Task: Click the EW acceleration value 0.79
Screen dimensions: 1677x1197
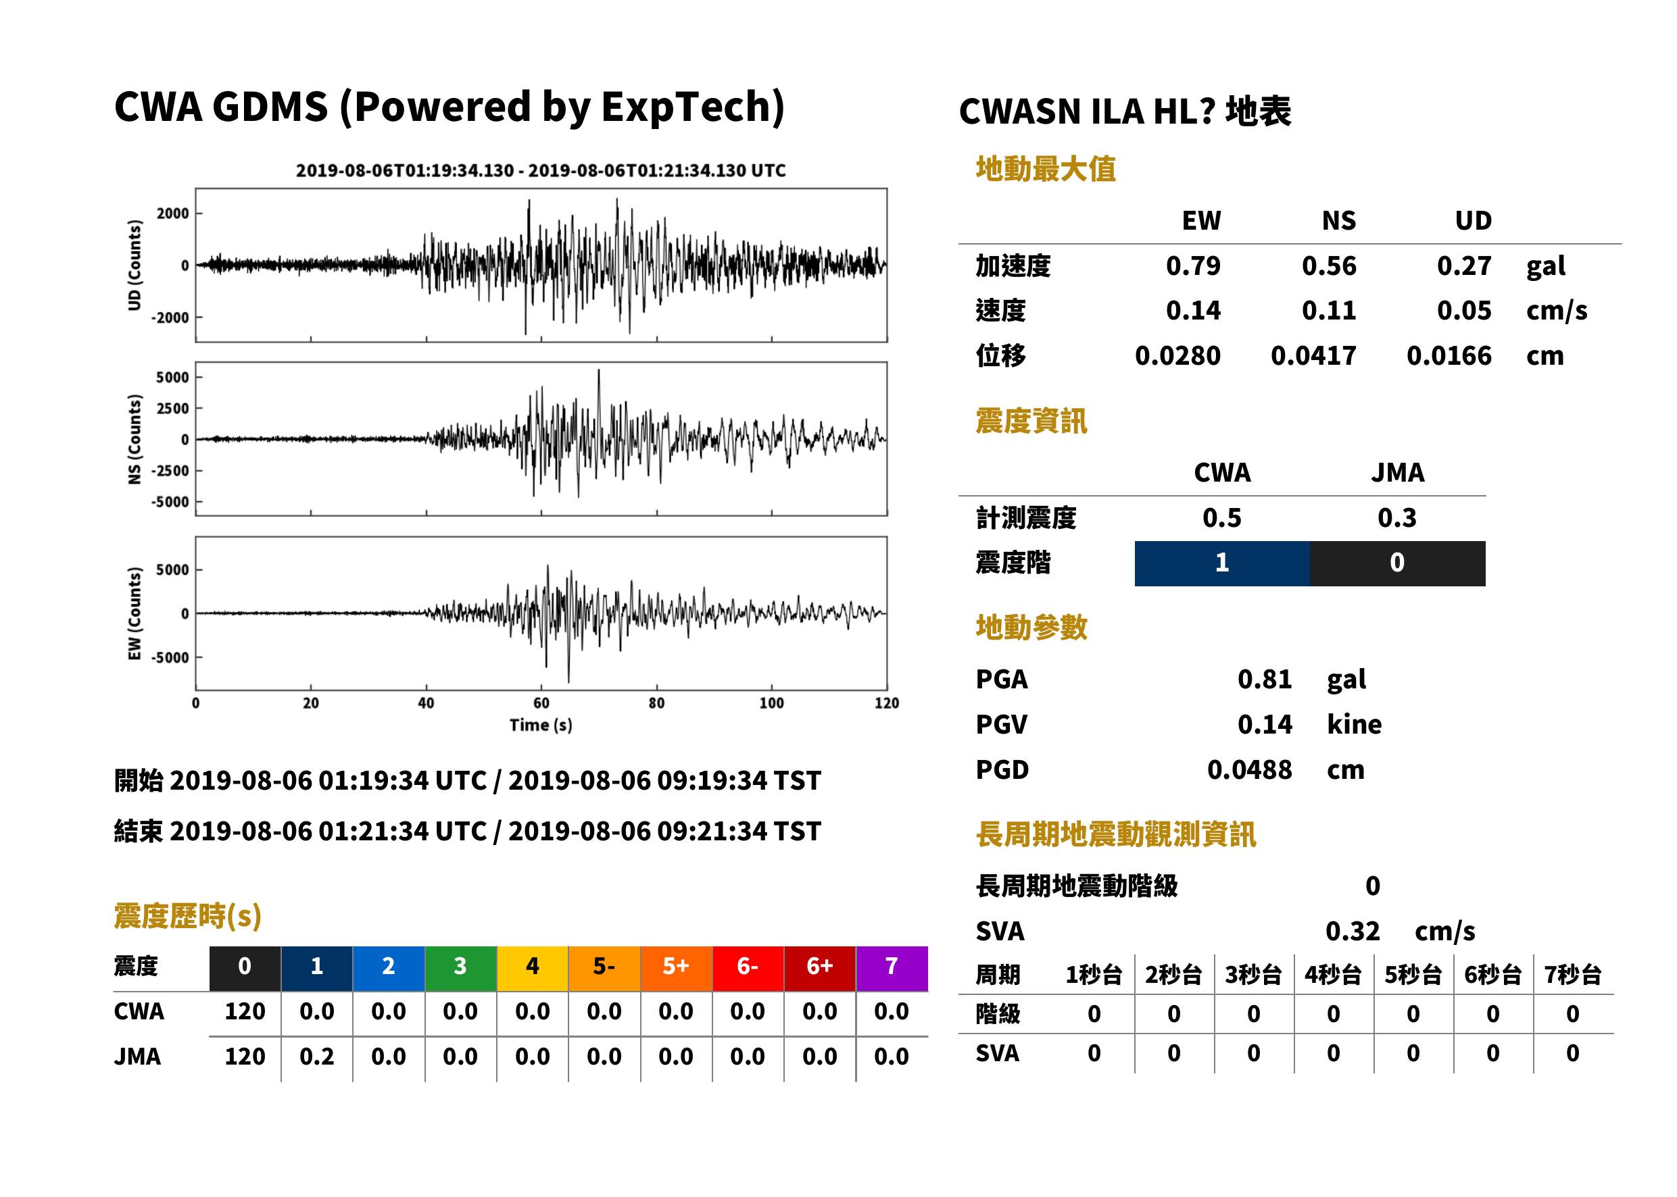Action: pos(1192,265)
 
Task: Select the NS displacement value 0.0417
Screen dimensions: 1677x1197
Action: pos(1313,355)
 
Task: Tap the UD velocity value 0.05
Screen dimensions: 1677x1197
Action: pos(1464,310)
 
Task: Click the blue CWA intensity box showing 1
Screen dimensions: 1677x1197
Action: pos(1222,563)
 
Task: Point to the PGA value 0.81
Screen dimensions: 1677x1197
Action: pos(1265,679)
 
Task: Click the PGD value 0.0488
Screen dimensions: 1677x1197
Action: pos(1250,769)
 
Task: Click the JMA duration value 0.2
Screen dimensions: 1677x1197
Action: pos(316,1057)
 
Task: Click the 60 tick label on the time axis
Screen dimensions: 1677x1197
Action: pos(541,703)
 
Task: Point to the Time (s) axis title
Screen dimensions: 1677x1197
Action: pos(541,725)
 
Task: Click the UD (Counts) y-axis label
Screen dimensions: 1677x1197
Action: pos(135,265)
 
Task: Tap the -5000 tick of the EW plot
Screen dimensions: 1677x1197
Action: pos(170,657)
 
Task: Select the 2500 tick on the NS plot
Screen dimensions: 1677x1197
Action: pos(172,408)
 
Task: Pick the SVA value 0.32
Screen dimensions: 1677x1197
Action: pos(1353,931)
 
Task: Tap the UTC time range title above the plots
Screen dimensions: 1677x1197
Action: pos(541,170)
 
